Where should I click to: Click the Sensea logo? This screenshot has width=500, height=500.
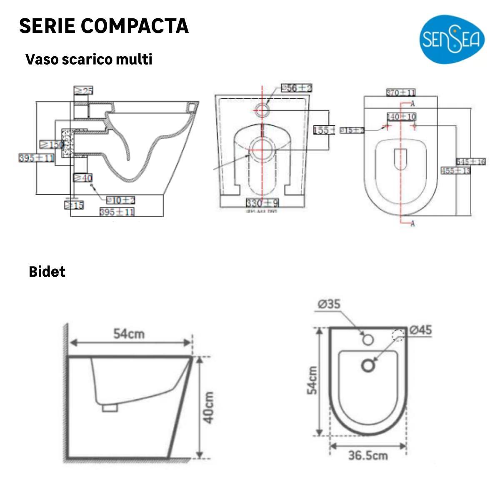[x=452, y=40]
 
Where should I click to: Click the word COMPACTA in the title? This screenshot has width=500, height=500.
[x=135, y=26]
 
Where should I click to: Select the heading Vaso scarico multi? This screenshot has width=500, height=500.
[x=89, y=59]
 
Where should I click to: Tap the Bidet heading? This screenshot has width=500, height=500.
[x=47, y=272]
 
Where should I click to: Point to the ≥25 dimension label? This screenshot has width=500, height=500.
[x=83, y=90]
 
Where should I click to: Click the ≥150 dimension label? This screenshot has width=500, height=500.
[x=52, y=144]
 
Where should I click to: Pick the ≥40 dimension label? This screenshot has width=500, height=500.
[x=83, y=178]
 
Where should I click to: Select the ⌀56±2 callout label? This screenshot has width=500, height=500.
[x=296, y=88]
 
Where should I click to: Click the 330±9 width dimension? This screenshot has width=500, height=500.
[x=262, y=203]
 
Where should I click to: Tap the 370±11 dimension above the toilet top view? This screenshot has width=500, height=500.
[x=400, y=92]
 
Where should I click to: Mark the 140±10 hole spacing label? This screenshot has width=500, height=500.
[x=401, y=117]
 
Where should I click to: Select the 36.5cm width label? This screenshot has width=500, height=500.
[x=368, y=455]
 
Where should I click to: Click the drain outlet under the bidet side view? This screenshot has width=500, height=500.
[x=110, y=408]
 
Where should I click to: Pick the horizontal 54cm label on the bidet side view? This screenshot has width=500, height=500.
[x=129, y=334]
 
